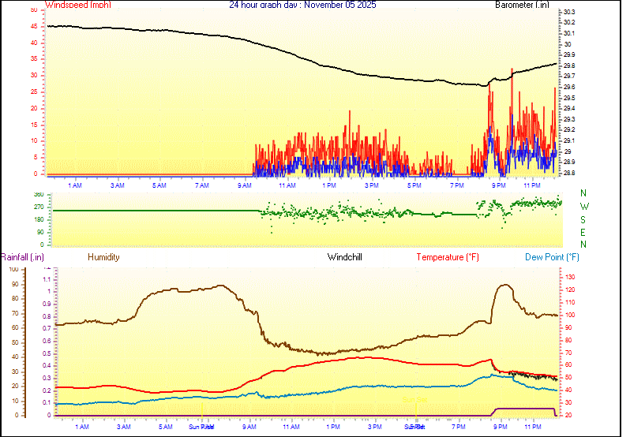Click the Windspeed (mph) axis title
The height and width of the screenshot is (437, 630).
click(x=78, y=5)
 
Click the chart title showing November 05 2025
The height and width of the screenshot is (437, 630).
click(x=302, y=5)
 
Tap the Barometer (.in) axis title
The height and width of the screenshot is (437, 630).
click(x=522, y=5)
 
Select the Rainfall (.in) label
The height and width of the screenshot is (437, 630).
click(x=22, y=257)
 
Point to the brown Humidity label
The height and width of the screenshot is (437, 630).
click(x=103, y=257)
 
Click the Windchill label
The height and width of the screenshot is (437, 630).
click(x=345, y=257)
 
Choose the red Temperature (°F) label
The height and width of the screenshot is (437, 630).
click(x=448, y=257)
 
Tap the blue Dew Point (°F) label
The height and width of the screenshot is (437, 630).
click(x=553, y=257)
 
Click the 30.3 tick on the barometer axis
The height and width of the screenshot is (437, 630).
click(x=569, y=12)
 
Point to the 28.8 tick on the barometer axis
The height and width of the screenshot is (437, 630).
click(x=569, y=172)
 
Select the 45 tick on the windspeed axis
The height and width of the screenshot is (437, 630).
click(x=32, y=26)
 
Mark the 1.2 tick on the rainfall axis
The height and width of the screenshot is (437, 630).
click(x=47, y=267)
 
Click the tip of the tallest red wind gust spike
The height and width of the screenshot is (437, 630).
click(x=512, y=69)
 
